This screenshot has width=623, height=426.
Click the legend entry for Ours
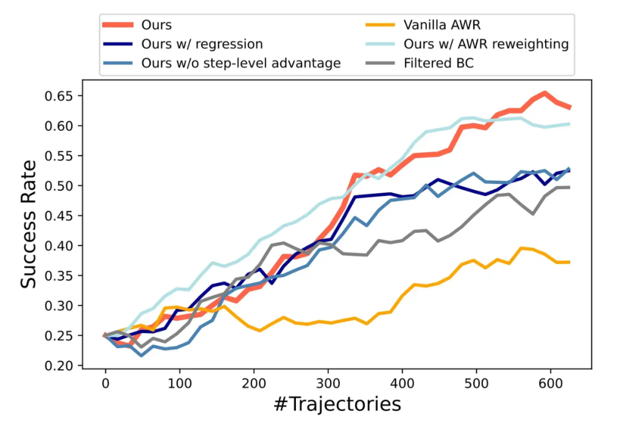[x=156, y=25]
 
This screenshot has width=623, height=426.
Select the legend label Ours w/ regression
[x=202, y=44]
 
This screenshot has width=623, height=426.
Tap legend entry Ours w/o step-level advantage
[x=241, y=63]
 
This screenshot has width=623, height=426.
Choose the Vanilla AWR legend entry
[x=442, y=25]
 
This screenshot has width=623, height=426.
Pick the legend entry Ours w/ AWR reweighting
[x=486, y=44]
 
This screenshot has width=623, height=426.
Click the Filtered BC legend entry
[x=438, y=63]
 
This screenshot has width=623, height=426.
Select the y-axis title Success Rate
[x=29, y=223]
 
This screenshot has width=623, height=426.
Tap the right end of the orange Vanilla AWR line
[x=570, y=262]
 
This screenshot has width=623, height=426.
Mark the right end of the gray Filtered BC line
[x=570, y=187]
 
